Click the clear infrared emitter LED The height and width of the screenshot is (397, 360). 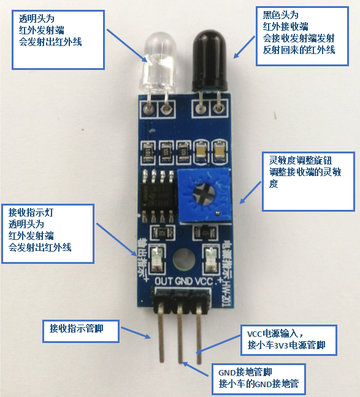click(x=159, y=62)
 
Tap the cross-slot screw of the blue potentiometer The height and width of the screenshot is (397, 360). click(x=204, y=193)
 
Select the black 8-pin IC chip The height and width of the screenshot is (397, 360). click(x=158, y=196)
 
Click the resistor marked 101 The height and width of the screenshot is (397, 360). click(x=148, y=152)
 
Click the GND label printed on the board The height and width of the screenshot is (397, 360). click(x=184, y=281)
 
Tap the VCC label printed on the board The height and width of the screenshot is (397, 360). click(x=204, y=281)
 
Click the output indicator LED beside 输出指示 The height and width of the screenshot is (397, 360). click(x=158, y=258)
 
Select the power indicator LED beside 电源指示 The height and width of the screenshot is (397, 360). click(x=210, y=259)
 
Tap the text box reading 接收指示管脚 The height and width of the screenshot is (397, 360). click(x=81, y=331)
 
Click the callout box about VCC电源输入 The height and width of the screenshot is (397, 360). click(x=288, y=341)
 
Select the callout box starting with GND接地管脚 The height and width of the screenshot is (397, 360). click(x=259, y=379)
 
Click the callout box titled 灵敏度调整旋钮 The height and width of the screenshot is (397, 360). click(x=308, y=181)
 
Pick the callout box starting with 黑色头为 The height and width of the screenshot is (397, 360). click(x=302, y=36)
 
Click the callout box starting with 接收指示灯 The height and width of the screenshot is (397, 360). click(x=48, y=234)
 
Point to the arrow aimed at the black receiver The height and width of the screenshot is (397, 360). click(x=244, y=47)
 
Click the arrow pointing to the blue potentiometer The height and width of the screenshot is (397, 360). click(x=250, y=193)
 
